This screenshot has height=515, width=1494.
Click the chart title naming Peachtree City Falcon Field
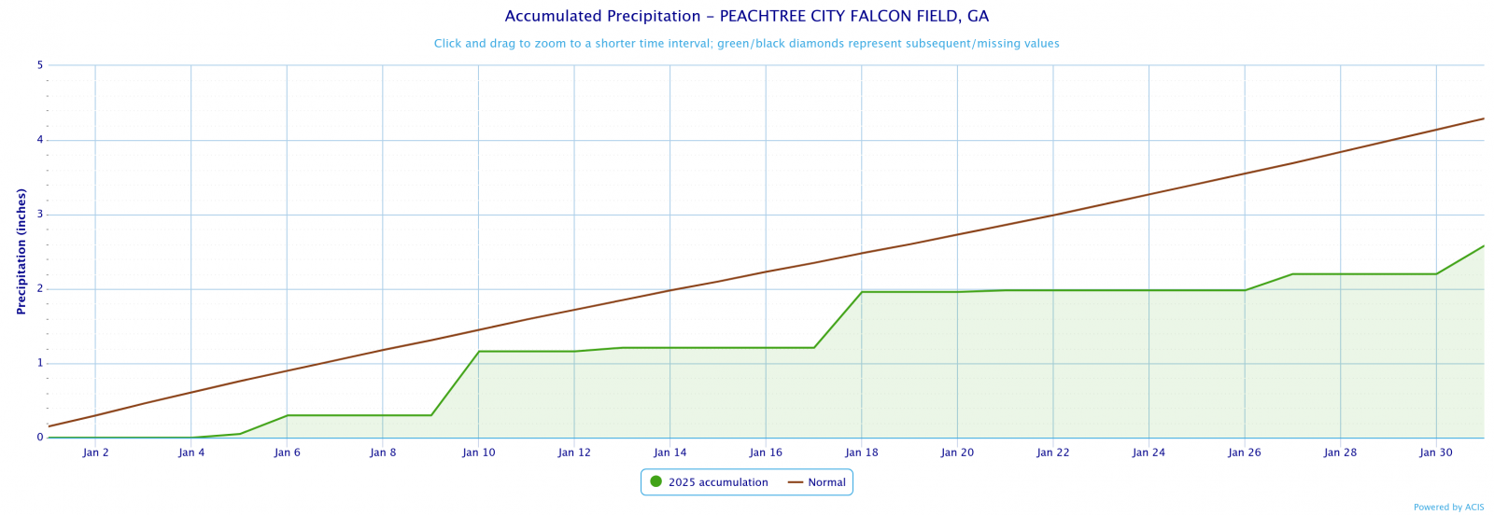[x=746, y=17]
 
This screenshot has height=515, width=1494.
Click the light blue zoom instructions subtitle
[x=746, y=44]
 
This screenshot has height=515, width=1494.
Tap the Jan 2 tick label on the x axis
[x=95, y=452]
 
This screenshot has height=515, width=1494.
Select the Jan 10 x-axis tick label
[x=478, y=452]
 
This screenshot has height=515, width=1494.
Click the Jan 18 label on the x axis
[x=861, y=452]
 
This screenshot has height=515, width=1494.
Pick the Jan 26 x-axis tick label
[x=1244, y=452]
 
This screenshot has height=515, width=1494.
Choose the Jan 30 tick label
[x=1435, y=452]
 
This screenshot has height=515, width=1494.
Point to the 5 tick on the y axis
[x=40, y=65]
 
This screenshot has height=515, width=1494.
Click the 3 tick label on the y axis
[x=40, y=215]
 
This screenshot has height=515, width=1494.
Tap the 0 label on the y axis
[x=40, y=438]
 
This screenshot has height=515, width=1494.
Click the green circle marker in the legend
[x=655, y=482]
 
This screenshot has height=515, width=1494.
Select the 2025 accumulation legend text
[x=718, y=482]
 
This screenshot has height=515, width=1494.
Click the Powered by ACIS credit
[x=1448, y=508]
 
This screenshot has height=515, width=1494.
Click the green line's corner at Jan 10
[x=478, y=352]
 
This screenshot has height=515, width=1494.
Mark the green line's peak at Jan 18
[x=861, y=292]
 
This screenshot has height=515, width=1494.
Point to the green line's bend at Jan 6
[x=287, y=415]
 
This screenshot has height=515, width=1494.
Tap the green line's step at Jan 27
[x=1292, y=274]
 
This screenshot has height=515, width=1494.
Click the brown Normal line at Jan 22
[x=1052, y=215]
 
